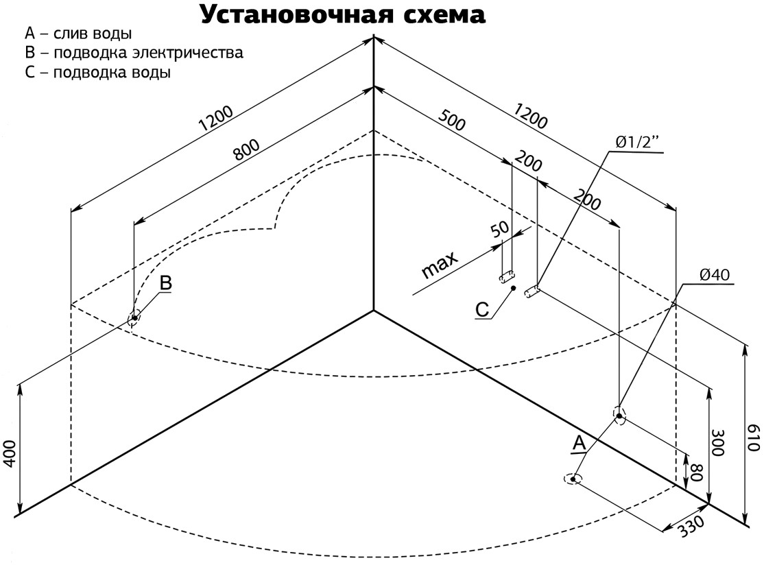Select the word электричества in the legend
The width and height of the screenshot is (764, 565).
click(x=188, y=53)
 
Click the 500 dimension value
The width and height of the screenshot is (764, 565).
click(x=452, y=120)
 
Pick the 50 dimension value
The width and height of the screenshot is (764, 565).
click(x=499, y=229)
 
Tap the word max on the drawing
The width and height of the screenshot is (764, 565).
click(x=440, y=265)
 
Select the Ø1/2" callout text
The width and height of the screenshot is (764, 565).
click(x=637, y=142)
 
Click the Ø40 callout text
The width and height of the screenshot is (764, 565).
click(x=715, y=275)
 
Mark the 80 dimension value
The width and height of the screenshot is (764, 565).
click(x=696, y=472)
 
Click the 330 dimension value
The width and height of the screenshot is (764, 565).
click(x=691, y=526)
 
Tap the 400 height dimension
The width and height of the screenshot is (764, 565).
click(x=10, y=454)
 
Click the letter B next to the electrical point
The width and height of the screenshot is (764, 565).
click(x=166, y=283)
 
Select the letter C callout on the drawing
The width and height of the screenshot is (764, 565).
click(x=482, y=310)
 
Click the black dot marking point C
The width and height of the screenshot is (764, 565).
click(x=514, y=289)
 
